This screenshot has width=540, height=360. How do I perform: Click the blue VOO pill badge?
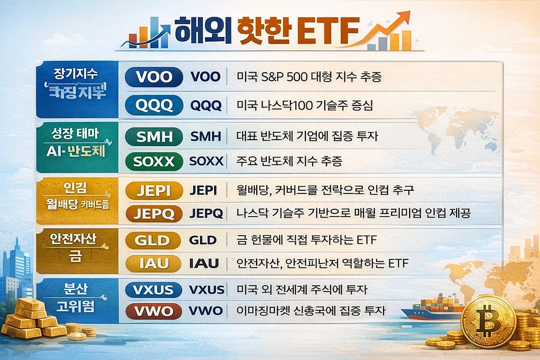pos(154,77)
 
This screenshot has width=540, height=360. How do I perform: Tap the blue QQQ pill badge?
pos(154,105)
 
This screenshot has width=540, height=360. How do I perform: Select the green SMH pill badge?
pos(154,137)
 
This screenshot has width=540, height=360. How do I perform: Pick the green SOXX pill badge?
pos(154,161)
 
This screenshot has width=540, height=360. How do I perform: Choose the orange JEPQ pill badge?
pos(154,213)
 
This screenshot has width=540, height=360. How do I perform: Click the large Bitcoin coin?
pos(488,321)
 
